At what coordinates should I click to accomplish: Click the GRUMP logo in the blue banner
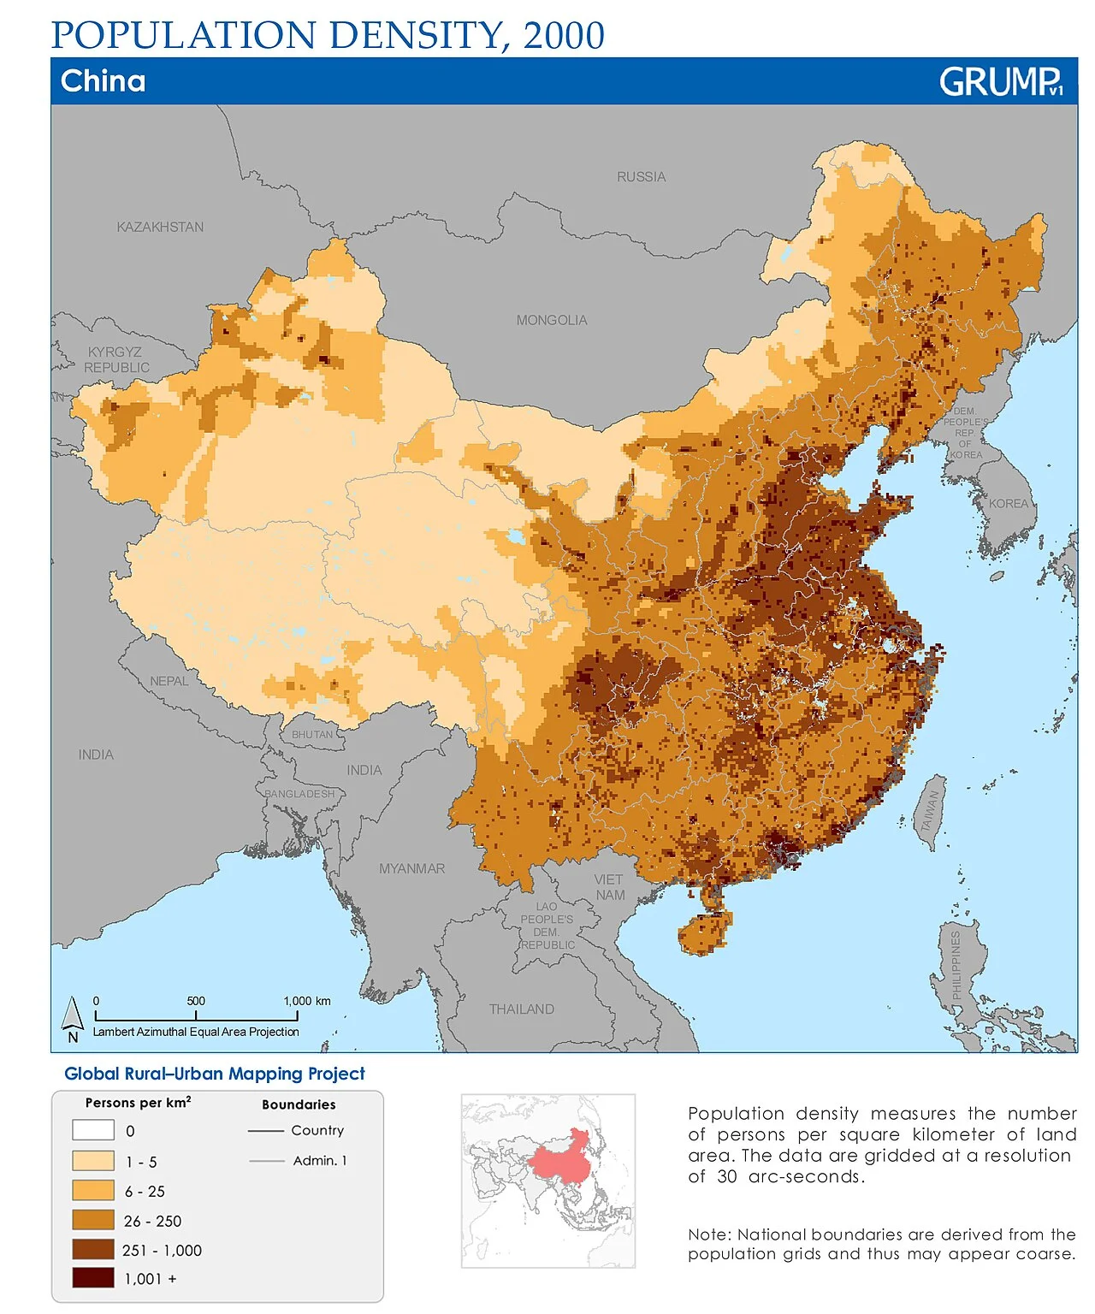pyautogui.click(x=1000, y=82)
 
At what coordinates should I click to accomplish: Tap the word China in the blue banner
pyautogui.click(x=104, y=81)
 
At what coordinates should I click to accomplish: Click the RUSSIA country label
pyautogui.click(x=641, y=177)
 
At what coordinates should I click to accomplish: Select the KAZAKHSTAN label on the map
pyautogui.click(x=160, y=227)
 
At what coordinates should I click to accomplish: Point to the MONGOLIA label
pyautogui.click(x=551, y=320)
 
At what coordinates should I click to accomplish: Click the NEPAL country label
pyautogui.click(x=169, y=681)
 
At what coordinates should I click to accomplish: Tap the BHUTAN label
pyautogui.click(x=312, y=734)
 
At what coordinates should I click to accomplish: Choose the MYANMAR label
pyautogui.click(x=411, y=868)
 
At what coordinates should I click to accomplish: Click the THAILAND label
pyautogui.click(x=521, y=1009)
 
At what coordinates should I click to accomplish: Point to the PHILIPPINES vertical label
pyautogui.click(x=956, y=964)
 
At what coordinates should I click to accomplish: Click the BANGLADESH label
pyautogui.click(x=299, y=794)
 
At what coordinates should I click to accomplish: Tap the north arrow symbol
pyautogui.click(x=73, y=1018)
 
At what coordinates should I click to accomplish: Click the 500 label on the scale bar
pyautogui.click(x=196, y=1001)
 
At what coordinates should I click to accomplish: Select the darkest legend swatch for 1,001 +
pyautogui.click(x=93, y=1278)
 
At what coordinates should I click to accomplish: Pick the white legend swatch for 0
pyautogui.click(x=93, y=1130)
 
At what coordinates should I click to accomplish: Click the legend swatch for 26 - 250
pyautogui.click(x=93, y=1220)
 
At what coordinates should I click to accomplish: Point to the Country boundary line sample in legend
pyautogui.click(x=265, y=1131)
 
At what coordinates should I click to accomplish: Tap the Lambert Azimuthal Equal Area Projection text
pyautogui.click(x=196, y=1032)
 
